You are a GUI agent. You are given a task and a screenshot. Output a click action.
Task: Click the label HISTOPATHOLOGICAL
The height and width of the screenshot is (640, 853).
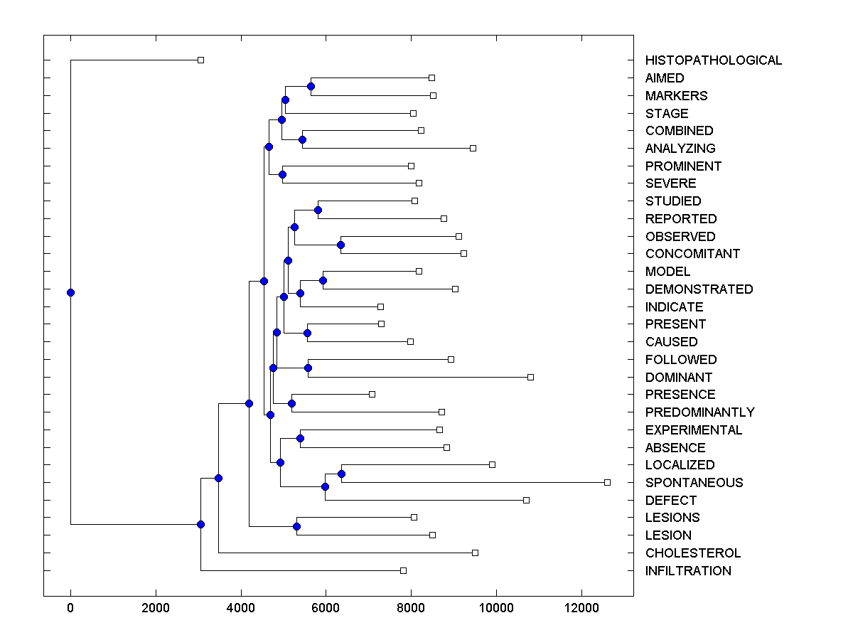(x=713, y=60)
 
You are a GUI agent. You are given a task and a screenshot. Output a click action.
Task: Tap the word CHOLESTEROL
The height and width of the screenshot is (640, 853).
(x=693, y=553)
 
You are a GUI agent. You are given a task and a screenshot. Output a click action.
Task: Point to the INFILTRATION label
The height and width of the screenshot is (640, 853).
(x=688, y=570)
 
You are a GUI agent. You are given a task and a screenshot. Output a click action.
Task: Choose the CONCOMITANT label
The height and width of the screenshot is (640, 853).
(x=692, y=254)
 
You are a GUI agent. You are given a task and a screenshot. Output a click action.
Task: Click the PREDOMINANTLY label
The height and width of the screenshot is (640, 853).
(x=699, y=412)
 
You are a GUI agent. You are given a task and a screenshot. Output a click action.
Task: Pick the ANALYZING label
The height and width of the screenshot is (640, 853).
(x=680, y=149)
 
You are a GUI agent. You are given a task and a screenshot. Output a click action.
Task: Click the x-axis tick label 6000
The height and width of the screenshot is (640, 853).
(x=326, y=608)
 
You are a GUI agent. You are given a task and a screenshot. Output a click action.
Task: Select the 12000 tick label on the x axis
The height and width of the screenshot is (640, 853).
(x=581, y=608)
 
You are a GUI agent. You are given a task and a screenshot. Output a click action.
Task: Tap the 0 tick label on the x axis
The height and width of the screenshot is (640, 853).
(x=70, y=608)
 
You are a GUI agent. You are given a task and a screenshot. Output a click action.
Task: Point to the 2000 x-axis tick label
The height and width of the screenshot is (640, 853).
(x=156, y=608)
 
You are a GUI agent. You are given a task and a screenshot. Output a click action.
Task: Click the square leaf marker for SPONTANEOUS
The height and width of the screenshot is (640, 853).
(x=607, y=482)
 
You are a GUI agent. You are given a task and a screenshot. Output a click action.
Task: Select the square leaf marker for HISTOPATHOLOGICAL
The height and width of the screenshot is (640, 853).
(x=200, y=60)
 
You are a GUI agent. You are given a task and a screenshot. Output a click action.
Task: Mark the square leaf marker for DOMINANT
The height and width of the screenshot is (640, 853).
(x=530, y=377)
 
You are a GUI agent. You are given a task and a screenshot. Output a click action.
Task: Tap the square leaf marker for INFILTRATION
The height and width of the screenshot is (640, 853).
(x=403, y=570)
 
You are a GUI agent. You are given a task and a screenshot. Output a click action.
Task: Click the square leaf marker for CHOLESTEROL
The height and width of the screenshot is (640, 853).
(x=476, y=553)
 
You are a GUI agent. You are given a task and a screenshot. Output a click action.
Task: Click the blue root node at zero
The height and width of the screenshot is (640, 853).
(x=70, y=292)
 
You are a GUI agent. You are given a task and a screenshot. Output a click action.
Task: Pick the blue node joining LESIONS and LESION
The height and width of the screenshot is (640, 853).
(x=296, y=526)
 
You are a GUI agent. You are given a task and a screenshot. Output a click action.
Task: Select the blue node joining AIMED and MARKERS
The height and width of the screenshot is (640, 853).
(x=311, y=86)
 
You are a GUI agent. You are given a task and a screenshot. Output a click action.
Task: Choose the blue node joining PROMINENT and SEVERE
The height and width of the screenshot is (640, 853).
(x=282, y=174)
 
